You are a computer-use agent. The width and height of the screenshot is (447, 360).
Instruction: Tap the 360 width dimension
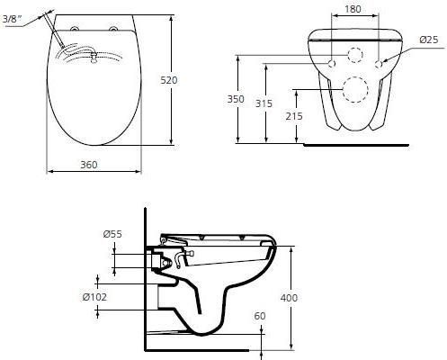click(x=89, y=164)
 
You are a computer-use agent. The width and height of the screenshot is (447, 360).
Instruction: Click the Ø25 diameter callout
click(x=429, y=40)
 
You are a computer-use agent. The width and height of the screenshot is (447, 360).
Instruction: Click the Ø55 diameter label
click(x=112, y=236)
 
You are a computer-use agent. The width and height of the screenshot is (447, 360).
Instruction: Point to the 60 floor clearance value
click(x=260, y=316)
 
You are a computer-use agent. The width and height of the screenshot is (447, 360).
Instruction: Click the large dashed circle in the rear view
click(x=353, y=92)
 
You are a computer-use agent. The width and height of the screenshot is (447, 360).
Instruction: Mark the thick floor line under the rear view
click(x=360, y=143)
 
